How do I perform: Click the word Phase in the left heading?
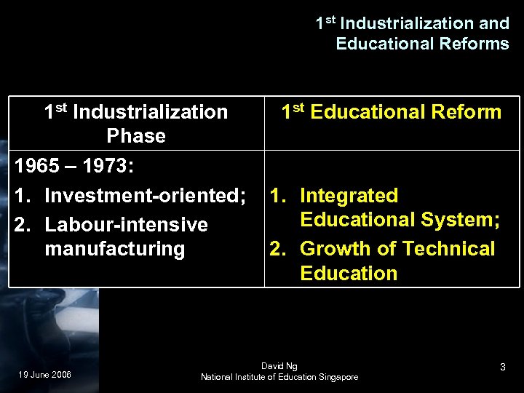tap(136, 136)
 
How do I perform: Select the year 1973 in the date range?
tap(105, 166)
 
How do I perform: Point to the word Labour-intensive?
tap(126, 224)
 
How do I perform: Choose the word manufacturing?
tap(115, 249)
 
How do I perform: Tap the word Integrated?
tap(349, 196)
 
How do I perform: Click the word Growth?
tap(336, 249)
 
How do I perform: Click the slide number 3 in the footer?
tap(502, 369)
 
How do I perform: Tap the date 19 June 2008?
tap(45, 375)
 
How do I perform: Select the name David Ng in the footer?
tap(279, 365)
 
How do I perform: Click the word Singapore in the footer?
tap(334, 376)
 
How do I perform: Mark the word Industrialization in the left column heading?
tap(151, 112)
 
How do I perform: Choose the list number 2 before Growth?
tap(277, 249)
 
